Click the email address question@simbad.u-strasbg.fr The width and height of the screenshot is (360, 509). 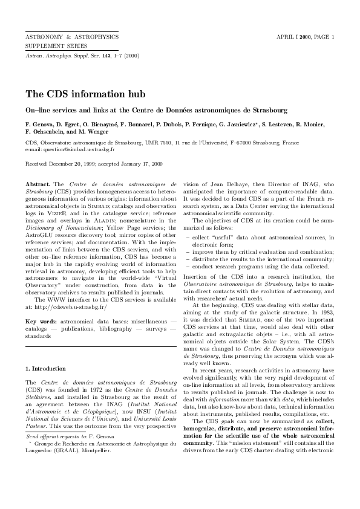66,149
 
